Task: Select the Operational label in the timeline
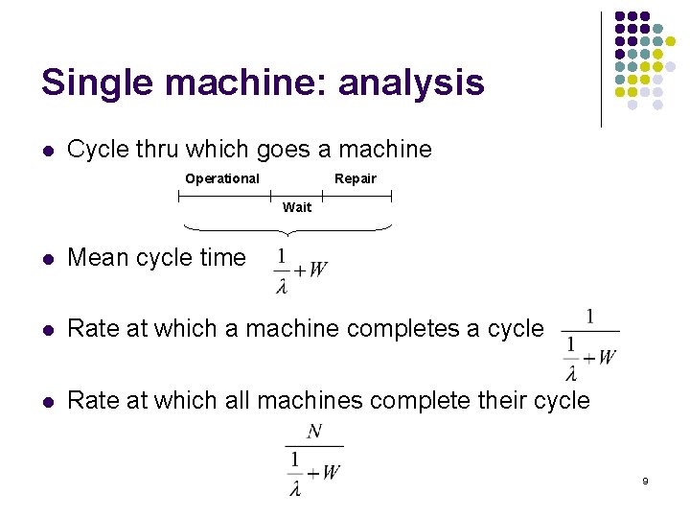(x=222, y=178)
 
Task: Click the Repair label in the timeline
(x=356, y=178)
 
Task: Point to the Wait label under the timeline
(x=297, y=207)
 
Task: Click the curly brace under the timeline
(x=286, y=229)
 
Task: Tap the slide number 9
(x=645, y=480)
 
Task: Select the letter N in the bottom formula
(x=313, y=433)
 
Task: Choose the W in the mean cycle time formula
(x=318, y=270)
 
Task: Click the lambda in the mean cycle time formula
(x=282, y=286)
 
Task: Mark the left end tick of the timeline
(x=179, y=196)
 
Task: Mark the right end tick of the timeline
(x=391, y=196)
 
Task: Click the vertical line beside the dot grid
(x=601, y=69)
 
